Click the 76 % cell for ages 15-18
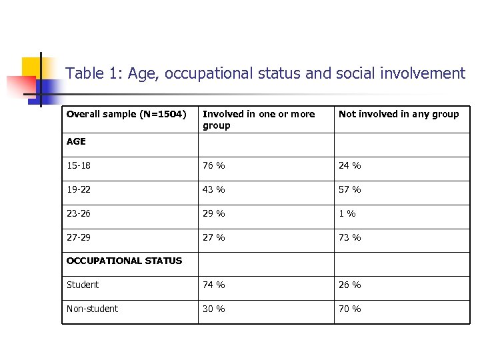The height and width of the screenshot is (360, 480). (x=214, y=166)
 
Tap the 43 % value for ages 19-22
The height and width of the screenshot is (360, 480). (x=214, y=190)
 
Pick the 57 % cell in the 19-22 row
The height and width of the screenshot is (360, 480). (x=350, y=190)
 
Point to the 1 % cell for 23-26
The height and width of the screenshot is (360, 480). (x=347, y=214)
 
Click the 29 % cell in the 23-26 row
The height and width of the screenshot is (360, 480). (x=214, y=214)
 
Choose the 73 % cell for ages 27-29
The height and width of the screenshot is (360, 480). (x=350, y=238)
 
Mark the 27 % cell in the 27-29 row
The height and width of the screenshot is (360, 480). (x=214, y=238)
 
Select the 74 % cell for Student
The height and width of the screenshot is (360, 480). (x=214, y=285)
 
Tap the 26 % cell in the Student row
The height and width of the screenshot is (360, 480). (x=350, y=285)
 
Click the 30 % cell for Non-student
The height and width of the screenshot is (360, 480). (x=214, y=309)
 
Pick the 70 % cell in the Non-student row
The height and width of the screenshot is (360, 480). (x=350, y=309)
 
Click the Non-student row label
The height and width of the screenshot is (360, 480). (x=93, y=309)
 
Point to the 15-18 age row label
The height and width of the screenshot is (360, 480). (x=78, y=166)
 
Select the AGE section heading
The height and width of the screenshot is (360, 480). (x=76, y=142)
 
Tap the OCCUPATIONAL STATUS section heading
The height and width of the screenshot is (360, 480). (x=124, y=261)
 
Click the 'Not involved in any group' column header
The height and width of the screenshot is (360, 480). (x=399, y=114)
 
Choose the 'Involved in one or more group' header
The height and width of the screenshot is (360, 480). (x=259, y=119)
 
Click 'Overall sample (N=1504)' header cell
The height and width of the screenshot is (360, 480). (x=126, y=114)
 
